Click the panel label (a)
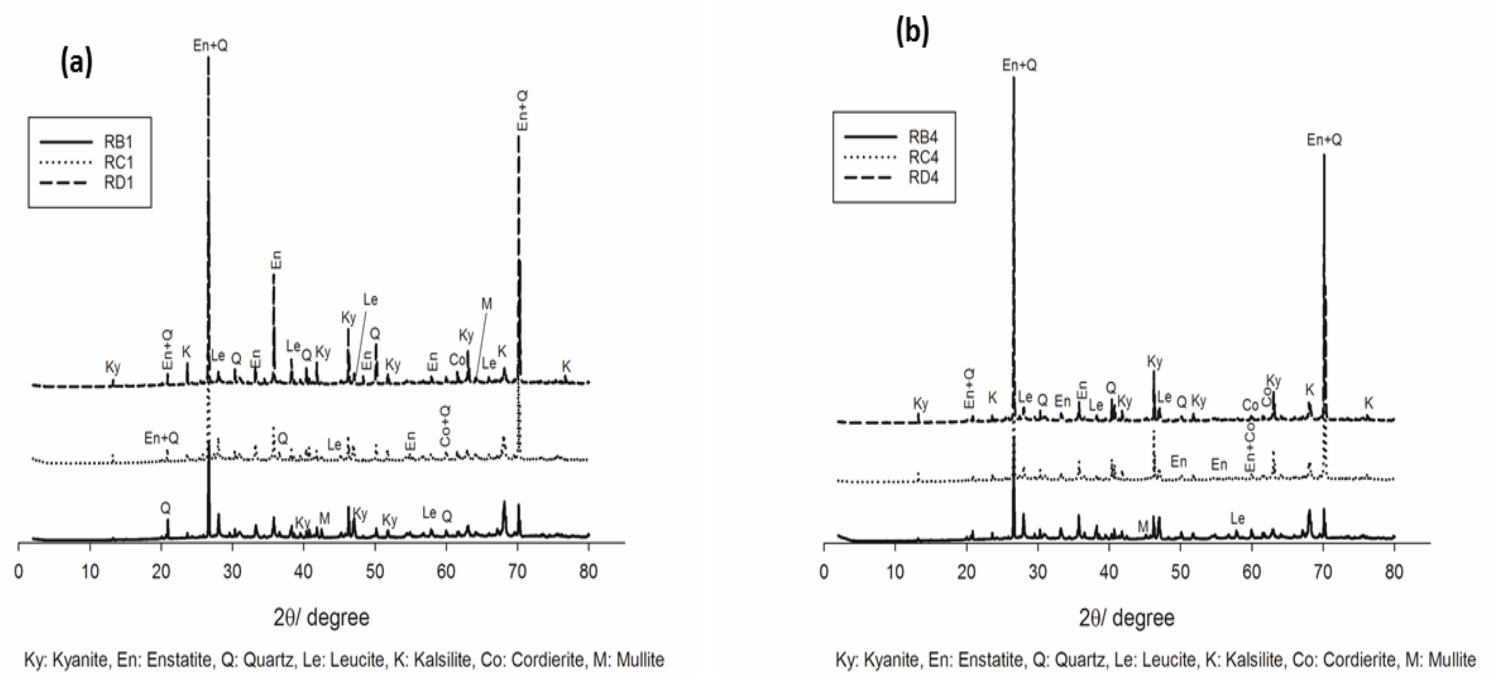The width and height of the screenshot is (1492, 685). [x=76, y=62]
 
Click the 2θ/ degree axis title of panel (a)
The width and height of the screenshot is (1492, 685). [x=321, y=618]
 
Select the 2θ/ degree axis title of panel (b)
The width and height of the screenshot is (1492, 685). [x=1127, y=618]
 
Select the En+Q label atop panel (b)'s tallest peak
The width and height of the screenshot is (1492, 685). [x=1020, y=65]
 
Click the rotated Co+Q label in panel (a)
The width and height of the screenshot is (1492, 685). [x=445, y=426]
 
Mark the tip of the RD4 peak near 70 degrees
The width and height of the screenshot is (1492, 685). [x=1324, y=155]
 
